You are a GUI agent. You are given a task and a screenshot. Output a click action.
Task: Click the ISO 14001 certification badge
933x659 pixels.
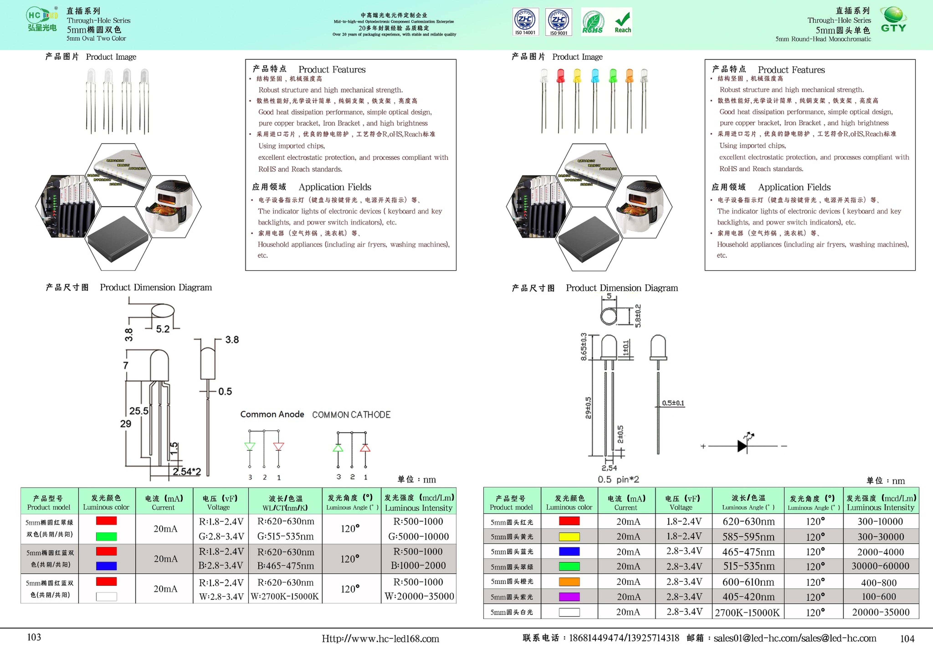point(525,22)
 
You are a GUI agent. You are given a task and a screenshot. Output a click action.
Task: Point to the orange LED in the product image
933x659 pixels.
point(629,76)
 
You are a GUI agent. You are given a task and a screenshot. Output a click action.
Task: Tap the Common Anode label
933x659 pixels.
point(272,414)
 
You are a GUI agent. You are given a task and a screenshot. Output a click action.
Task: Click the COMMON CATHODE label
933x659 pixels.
point(351,415)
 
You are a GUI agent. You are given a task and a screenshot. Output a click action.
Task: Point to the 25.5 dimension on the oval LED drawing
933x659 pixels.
point(138,411)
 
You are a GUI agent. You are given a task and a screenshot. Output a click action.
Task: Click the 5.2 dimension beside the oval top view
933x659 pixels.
point(163,329)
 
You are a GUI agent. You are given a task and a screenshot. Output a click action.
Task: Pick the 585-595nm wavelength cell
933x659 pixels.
point(748,537)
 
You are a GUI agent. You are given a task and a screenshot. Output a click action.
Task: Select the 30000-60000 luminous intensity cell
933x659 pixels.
point(880,566)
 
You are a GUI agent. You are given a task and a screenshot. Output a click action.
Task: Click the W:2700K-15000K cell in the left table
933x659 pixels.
point(285,596)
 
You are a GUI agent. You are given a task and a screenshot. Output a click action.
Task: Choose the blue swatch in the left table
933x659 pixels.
point(106,566)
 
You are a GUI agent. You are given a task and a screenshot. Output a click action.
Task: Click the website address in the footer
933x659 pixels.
point(380,639)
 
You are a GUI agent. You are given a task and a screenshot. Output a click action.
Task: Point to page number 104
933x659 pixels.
point(907,639)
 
